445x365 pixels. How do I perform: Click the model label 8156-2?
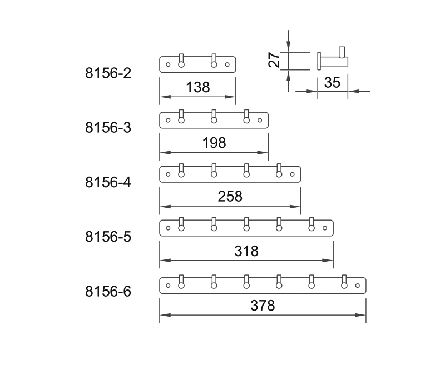108,73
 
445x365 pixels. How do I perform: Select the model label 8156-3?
108,127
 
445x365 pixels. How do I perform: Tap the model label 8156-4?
108,182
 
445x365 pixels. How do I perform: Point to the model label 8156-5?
108,236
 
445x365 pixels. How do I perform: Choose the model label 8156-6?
108,291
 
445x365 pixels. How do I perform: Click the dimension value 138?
197,87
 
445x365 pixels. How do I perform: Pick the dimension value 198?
214,143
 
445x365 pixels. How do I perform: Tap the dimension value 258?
230,196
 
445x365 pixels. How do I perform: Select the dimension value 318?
246,251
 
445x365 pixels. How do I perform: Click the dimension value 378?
263,305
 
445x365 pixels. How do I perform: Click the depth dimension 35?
332,83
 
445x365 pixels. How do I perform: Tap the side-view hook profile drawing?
332,60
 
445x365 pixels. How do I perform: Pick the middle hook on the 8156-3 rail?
214,118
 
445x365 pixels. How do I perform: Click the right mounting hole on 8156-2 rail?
227,65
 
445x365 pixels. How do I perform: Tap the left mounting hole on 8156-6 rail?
169,286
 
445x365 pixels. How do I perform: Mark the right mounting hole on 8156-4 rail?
293,174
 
